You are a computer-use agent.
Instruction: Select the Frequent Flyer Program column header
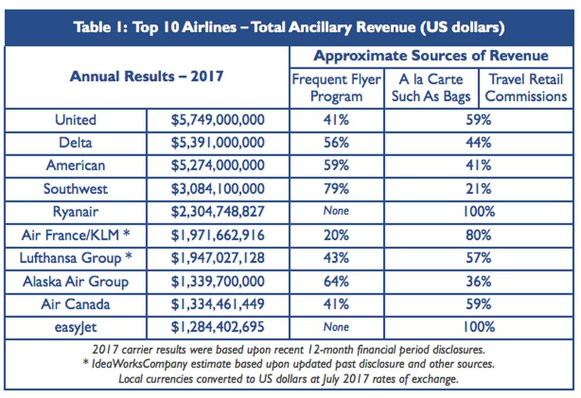point(336,88)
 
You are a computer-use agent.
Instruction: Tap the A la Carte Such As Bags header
point(431,88)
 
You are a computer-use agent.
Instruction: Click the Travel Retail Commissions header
point(526,88)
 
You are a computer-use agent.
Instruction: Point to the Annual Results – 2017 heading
point(147,76)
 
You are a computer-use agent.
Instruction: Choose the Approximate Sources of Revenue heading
point(431,56)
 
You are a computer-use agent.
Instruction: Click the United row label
point(76,119)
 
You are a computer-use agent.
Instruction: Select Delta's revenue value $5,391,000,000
point(217,143)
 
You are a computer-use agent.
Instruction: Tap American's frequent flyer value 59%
point(336,165)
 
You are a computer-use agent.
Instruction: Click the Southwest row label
point(76,189)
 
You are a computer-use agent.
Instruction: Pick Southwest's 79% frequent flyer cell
point(336,189)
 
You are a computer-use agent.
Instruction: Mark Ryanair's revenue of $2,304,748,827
point(217,211)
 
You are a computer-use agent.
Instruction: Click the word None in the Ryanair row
point(336,211)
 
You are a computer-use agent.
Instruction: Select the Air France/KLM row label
point(76,235)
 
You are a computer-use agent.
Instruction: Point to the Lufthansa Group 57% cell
point(478,258)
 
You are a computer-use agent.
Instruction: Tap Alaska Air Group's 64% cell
point(336,281)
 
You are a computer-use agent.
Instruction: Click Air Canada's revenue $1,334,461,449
point(217,304)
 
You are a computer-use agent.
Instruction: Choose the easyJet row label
point(76,327)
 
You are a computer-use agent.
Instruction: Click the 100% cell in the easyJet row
point(478,327)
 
